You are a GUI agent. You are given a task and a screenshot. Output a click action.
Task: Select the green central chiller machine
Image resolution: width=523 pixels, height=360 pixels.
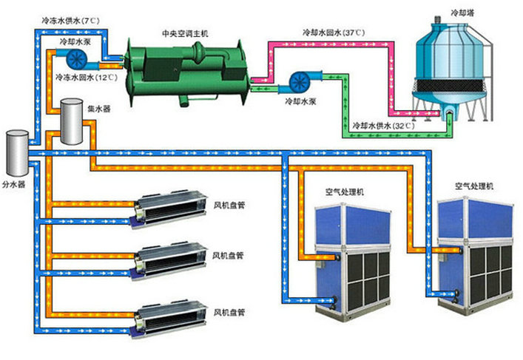[185, 67]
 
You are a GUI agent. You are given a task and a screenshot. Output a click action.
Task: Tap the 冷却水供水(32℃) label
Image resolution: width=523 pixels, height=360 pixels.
[384, 126]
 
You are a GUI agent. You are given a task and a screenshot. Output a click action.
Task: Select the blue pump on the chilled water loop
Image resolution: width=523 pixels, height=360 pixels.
[76, 58]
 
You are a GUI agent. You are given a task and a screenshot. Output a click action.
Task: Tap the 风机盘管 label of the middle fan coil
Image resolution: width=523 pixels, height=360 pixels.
[229, 255]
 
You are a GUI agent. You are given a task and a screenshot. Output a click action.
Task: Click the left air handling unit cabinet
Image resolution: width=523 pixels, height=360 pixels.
[351, 255]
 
